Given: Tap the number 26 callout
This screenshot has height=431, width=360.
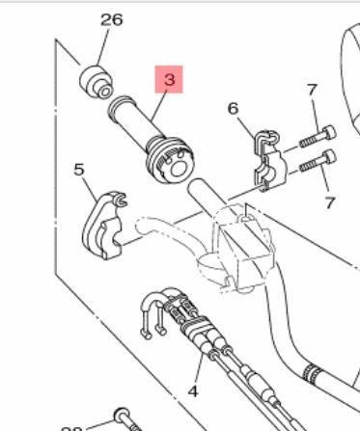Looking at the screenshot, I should (112, 19).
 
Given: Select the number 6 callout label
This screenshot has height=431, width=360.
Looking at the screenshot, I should (232, 109).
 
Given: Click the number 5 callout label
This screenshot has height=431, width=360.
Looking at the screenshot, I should (79, 170).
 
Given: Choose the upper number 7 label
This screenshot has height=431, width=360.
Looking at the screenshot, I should (312, 91).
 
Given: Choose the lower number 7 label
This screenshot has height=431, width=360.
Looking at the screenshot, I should (329, 202).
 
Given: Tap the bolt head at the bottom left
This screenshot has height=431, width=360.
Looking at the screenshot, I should (121, 417).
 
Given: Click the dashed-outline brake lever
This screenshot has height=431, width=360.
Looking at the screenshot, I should (169, 232).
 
